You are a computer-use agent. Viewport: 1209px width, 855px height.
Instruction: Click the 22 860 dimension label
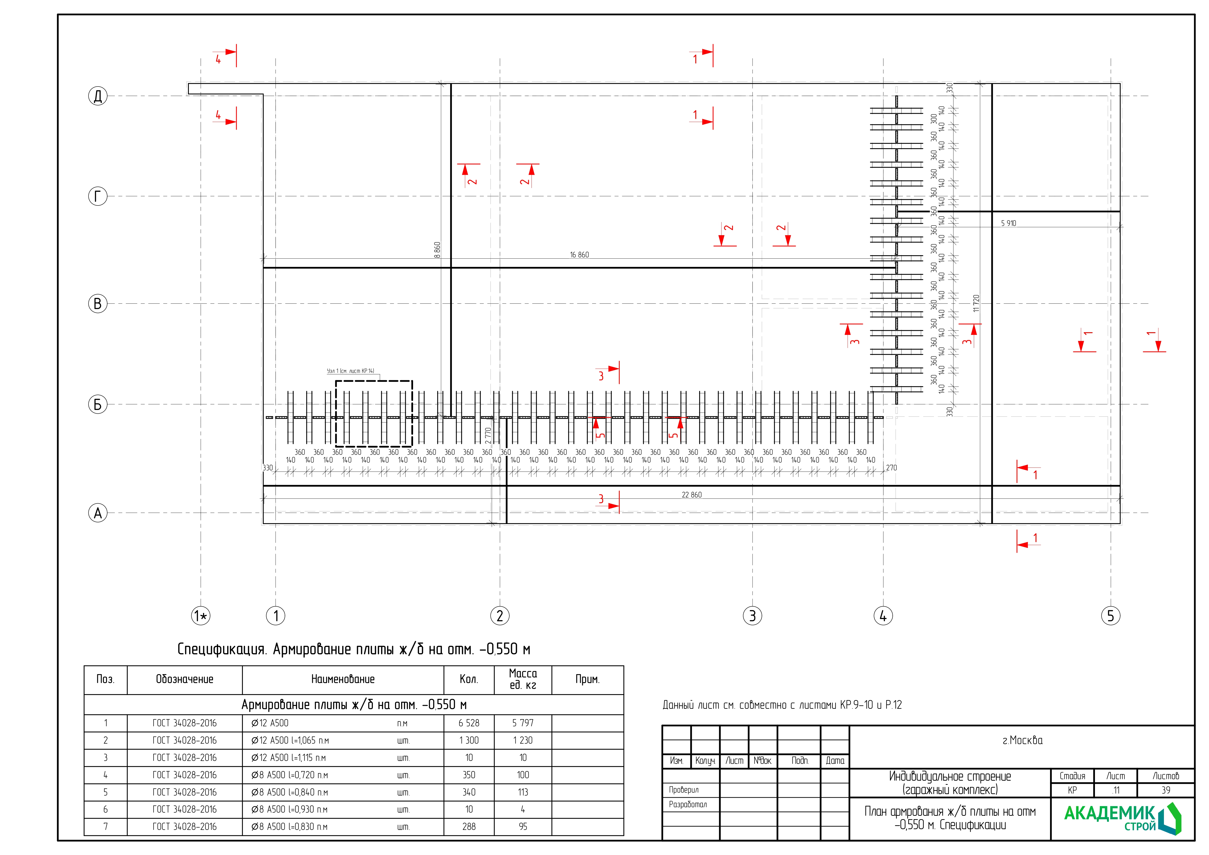point(691,495)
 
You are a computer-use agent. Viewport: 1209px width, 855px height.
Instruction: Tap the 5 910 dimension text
point(1008,223)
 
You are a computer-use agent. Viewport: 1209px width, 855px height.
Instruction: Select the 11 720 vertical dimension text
point(976,303)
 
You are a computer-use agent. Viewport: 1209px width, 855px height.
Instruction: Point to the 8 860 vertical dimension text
point(437,250)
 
